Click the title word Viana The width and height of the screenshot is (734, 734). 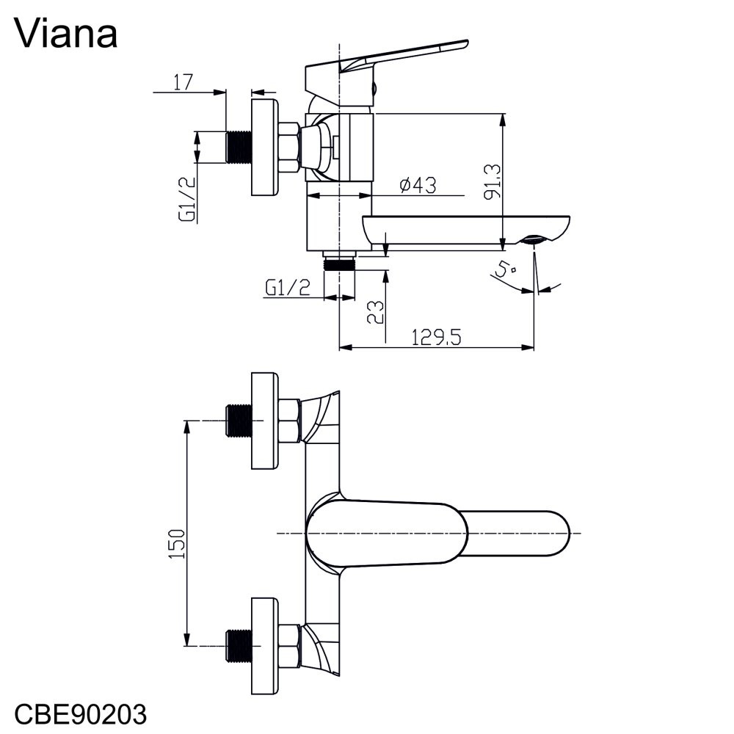point(65,33)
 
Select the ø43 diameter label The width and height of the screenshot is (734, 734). point(418,186)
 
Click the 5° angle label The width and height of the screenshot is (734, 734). point(504,271)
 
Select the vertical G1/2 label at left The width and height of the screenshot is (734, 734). point(188,198)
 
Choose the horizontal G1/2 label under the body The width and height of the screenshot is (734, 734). point(286,288)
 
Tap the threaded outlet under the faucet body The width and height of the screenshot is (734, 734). point(339,262)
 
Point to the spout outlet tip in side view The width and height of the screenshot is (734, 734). point(536,241)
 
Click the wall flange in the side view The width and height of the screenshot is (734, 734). point(265,148)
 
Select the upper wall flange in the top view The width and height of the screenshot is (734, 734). point(265,421)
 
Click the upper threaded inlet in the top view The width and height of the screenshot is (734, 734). point(238,421)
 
